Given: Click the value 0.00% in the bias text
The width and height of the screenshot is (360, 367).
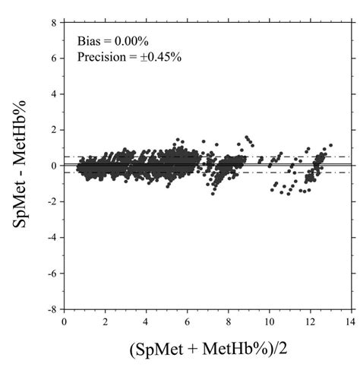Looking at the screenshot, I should click(x=130, y=40).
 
